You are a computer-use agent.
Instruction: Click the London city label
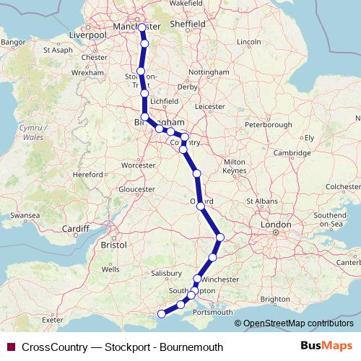[x=275, y=225]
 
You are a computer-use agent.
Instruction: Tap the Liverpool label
[x=87, y=34]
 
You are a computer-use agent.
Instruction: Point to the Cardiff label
[x=75, y=229]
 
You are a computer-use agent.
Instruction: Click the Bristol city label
[x=114, y=245]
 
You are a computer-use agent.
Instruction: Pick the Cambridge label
[x=291, y=152]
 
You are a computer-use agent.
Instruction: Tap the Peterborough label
[x=268, y=125]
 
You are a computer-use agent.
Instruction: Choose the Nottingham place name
[x=208, y=73]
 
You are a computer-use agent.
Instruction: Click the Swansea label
[x=24, y=215]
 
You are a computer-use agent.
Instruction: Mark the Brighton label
[x=276, y=298]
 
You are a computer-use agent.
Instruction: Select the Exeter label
[x=53, y=318]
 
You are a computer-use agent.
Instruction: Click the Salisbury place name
[x=166, y=274]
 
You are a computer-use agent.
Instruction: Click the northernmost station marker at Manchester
[x=142, y=28]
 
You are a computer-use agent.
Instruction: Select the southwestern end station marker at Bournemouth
[x=162, y=314]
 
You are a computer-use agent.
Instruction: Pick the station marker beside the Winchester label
[x=197, y=279]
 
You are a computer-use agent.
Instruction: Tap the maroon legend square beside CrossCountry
[x=11, y=347]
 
